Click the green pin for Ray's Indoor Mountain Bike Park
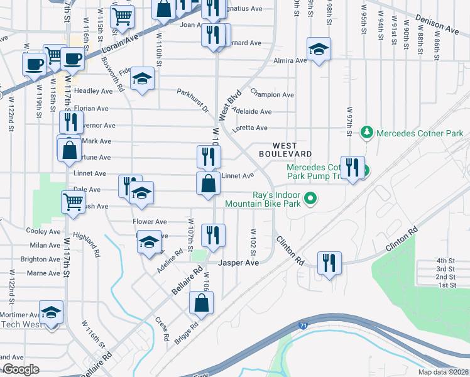(309, 200)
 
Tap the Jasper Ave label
(238, 263)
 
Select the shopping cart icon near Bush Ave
(73, 202)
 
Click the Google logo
(20, 370)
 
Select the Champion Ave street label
(272, 95)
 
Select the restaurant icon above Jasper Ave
(213, 235)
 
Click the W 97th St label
(350, 121)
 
